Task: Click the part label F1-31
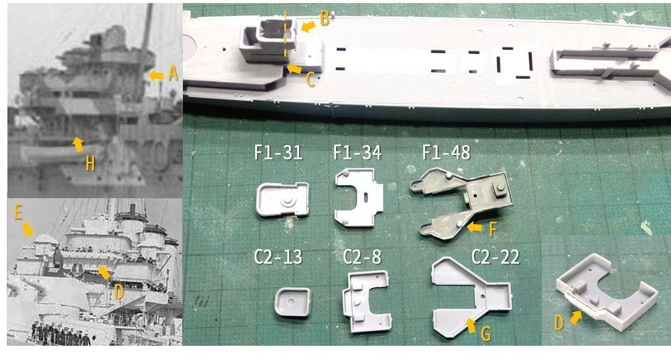pos(278,153)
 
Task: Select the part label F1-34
pos(357,153)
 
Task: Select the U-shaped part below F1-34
pos(358,198)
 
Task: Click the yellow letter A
pos(172,74)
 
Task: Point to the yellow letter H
pos(90,164)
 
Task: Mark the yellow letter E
pos(19,213)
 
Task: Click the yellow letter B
pos(324,19)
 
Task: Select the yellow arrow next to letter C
pos(293,70)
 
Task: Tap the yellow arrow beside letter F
pos(475,228)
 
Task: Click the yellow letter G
pos(486,335)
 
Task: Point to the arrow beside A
pos(156,75)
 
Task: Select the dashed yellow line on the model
pos(285,37)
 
